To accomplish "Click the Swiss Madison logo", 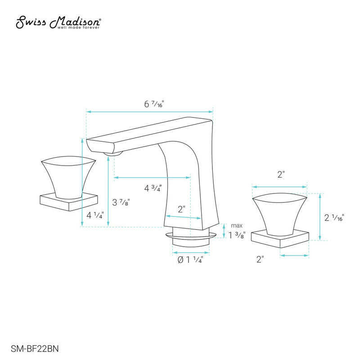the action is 58,22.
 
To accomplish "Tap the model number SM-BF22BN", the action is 35,348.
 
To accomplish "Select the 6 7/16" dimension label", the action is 154,104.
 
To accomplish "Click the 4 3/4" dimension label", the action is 153,188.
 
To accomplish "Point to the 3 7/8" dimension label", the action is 121,202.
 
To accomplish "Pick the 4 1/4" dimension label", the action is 95,215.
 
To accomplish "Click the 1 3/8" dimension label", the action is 237,235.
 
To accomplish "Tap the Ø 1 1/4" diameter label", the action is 190,260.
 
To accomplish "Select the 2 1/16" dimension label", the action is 334,217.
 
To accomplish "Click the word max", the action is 237,226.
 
